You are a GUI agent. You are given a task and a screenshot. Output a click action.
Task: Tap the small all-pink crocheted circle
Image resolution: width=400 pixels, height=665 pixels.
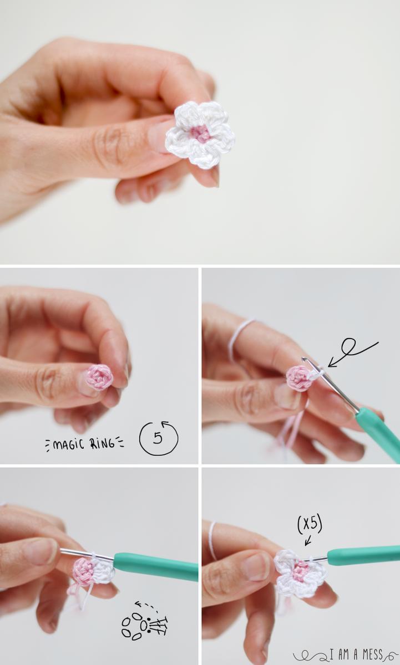[x=100, y=377]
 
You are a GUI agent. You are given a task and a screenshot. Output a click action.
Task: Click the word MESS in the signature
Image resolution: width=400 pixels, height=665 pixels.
[x=371, y=654]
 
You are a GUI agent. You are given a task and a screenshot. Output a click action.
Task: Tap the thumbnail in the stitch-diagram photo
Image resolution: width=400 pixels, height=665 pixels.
[x=43, y=551]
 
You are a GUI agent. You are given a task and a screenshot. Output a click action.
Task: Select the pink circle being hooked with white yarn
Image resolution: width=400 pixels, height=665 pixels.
[x=299, y=377]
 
